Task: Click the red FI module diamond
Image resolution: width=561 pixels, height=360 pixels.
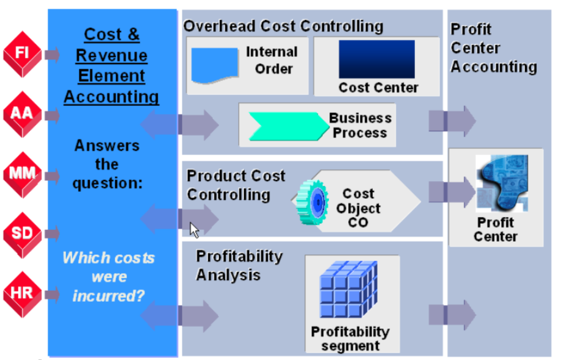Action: click(22, 54)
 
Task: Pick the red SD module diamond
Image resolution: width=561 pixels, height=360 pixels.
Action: click(22, 233)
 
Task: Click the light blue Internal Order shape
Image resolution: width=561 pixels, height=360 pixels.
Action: click(214, 64)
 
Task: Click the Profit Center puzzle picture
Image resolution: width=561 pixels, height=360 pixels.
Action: click(501, 183)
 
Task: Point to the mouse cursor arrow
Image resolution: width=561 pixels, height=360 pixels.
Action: click(194, 229)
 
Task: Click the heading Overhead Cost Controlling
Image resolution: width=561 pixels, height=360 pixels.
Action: click(283, 26)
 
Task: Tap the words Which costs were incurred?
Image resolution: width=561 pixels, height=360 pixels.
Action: click(109, 276)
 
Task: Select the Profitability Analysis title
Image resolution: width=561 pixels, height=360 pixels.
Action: click(239, 265)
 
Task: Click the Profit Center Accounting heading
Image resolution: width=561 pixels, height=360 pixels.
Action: click(493, 48)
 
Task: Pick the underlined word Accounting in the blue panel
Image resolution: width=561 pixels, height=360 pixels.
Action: click(111, 97)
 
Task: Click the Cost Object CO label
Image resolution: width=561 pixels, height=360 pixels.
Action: click(358, 208)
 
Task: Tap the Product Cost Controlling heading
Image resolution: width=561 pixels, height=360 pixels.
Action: click(235, 185)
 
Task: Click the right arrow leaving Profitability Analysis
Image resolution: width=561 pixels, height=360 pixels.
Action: click(452, 315)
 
